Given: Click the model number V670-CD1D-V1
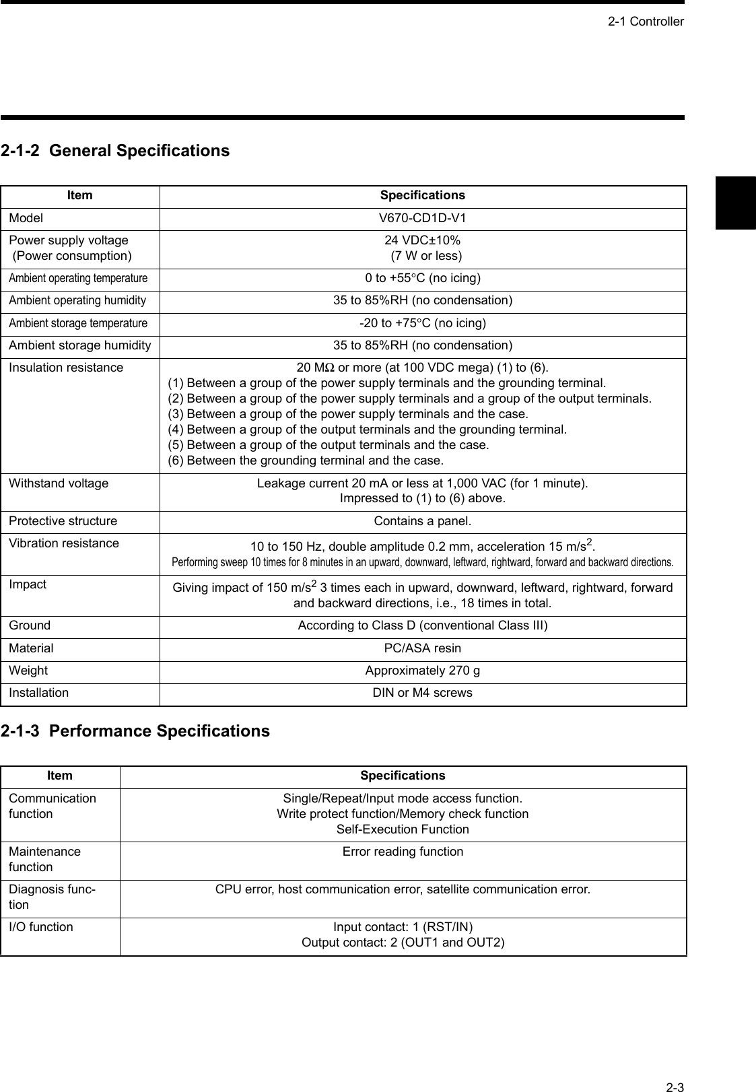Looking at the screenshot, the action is pyautogui.click(x=423, y=218).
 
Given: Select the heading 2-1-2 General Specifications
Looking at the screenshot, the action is pyautogui.click(x=115, y=150).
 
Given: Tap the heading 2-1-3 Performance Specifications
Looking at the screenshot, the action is pyautogui.click(x=135, y=731).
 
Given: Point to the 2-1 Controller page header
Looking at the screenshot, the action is pyautogui.click(x=646, y=22).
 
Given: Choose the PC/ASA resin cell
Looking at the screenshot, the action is pyautogui.click(x=423, y=648).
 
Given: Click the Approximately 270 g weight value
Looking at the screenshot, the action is pyautogui.click(x=423, y=671).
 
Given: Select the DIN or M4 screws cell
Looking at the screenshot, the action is pyautogui.click(x=423, y=693).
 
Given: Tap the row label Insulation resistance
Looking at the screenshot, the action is pyautogui.click(x=66, y=368).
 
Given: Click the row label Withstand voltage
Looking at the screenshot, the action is pyautogui.click(x=59, y=483).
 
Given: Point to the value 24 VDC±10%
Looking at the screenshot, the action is pyautogui.click(x=423, y=240).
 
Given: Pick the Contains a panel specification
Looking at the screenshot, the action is pyautogui.click(x=423, y=521).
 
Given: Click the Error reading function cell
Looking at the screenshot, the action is pyautogui.click(x=403, y=852).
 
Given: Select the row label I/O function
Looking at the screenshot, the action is pyautogui.click(x=41, y=927).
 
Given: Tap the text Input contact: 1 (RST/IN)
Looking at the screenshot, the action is pyautogui.click(x=403, y=927).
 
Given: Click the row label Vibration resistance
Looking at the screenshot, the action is pyautogui.click(x=64, y=543).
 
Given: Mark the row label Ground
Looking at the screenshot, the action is pyautogui.click(x=30, y=625).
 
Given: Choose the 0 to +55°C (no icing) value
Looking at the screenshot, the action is pyautogui.click(x=423, y=278).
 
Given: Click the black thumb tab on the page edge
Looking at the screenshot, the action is pyautogui.click(x=735, y=203).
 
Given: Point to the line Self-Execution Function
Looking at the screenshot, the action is pyautogui.click(x=403, y=829).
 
